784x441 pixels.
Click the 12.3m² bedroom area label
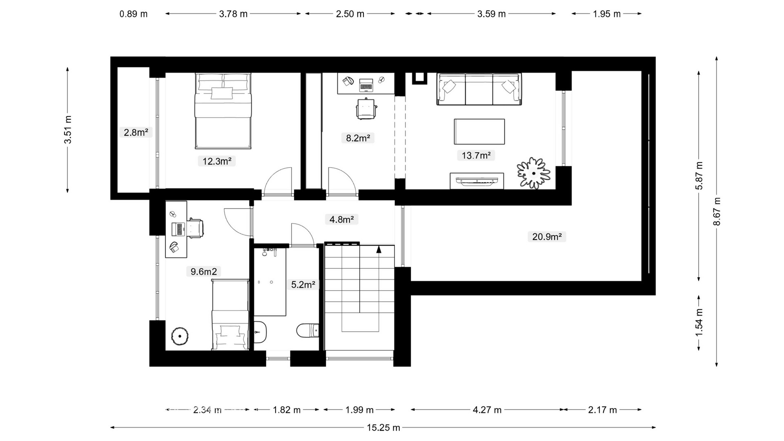[217, 161]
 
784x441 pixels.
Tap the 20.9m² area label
[547, 236]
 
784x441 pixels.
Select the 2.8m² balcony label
[136, 132]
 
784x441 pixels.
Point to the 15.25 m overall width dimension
[383, 428]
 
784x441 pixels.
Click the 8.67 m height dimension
[717, 212]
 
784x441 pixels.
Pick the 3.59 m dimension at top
[491, 14]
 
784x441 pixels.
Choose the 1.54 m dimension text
[699, 322]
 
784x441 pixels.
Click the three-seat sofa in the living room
[479, 89]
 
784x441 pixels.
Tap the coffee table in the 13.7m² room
[479, 131]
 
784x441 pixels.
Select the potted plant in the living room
[533, 173]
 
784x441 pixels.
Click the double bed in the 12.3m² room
[223, 111]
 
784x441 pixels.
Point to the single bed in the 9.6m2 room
[230, 314]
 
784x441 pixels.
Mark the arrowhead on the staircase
[379, 249]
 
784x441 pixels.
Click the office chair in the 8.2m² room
[366, 109]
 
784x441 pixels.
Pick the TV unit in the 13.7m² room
[477, 181]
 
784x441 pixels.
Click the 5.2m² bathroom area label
[303, 285]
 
